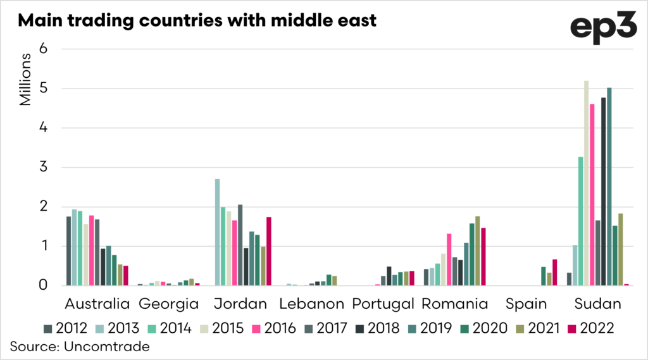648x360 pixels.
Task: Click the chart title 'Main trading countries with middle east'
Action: point(197,20)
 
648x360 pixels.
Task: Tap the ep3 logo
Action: point(602,28)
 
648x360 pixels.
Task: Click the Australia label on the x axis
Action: point(97,304)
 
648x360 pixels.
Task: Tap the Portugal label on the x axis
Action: point(383,304)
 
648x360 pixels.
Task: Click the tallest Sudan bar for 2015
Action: point(586,183)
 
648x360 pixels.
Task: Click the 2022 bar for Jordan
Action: point(269,251)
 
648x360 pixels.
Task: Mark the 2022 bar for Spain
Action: point(555,273)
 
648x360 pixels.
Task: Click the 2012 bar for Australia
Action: point(68,251)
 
